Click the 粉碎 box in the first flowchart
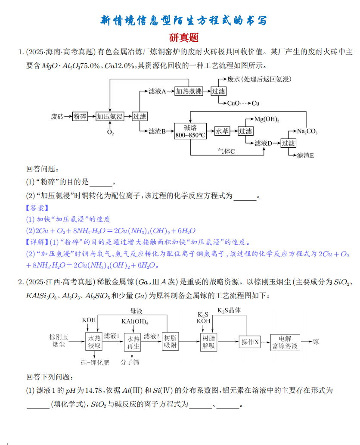[x=80, y=116]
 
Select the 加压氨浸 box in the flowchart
[x=110, y=116]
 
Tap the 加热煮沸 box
[x=188, y=91]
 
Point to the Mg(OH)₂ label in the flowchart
[x=267, y=119]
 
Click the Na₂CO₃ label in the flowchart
[x=307, y=131]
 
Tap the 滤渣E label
[x=305, y=156]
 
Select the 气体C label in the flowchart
[x=226, y=151]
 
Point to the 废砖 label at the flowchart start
[x=57, y=116]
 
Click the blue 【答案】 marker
[x=37, y=208]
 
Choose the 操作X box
[x=250, y=342]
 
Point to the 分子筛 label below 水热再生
[x=130, y=362]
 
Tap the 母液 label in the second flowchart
[x=137, y=311]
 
